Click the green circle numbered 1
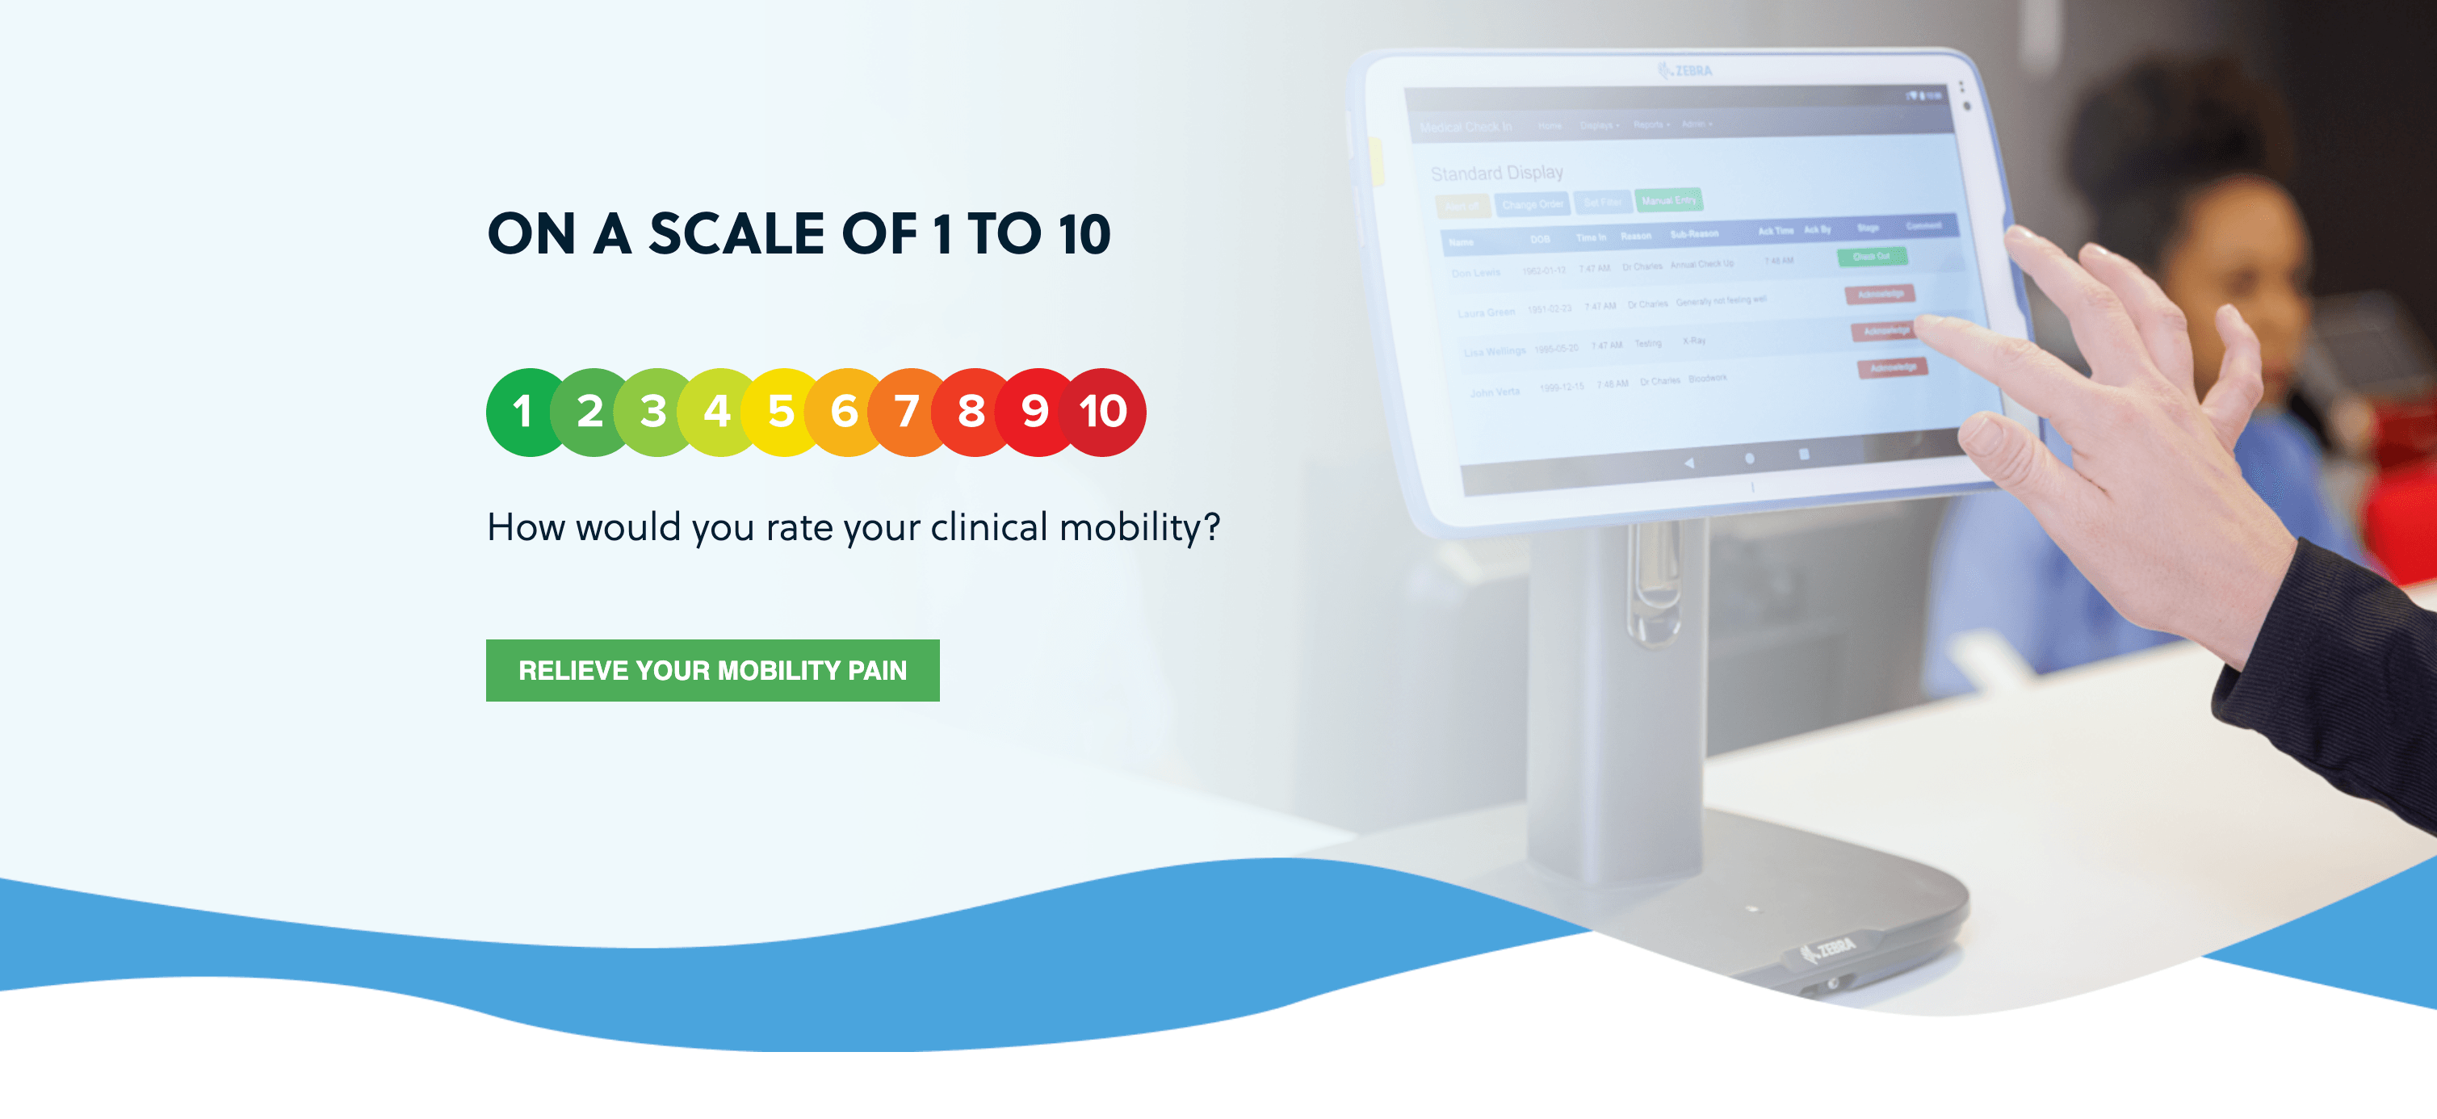(x=522, y=413)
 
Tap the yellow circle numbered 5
(x=782, y=413)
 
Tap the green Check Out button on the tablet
(x=1871, y=257)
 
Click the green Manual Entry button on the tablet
(x=1668, y=200)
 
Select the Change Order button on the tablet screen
(x=1532, y=204)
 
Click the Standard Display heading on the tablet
(x=1496, y=173)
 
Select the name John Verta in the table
(x=1495, y=392)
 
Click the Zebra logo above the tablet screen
(x=1686, y=71)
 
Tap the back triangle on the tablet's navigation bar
(x=1688, y=463)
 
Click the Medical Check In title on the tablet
(x=1466, y=127)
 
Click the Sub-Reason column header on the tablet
(x=1693, y=233)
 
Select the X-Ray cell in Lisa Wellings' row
(x=1693, y=341)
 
